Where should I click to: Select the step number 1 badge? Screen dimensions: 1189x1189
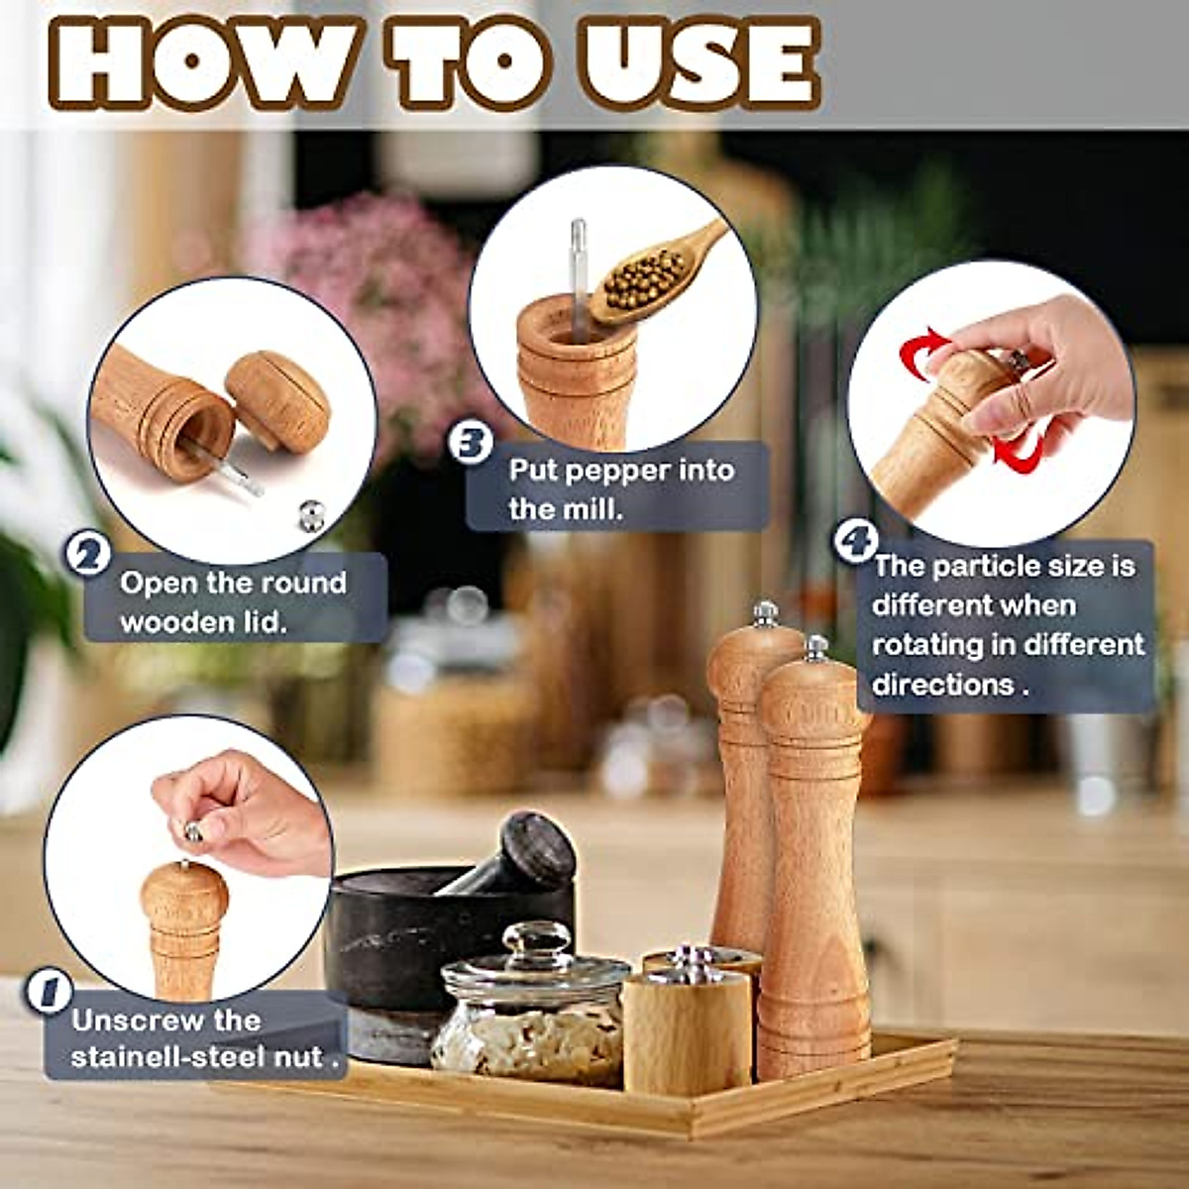coord(49,992)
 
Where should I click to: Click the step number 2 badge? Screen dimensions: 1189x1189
coord(88,553)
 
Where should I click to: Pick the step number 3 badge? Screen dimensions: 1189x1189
coord(471,442)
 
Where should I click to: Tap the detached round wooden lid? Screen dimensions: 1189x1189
coord(276,402)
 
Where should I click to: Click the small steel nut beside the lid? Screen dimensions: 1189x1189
coord(312,513)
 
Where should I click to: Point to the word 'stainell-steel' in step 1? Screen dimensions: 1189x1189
coord(168,1056)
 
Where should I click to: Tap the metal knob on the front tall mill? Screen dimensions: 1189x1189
coord(816,649)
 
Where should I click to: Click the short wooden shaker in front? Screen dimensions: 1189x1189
coord(686,1030)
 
